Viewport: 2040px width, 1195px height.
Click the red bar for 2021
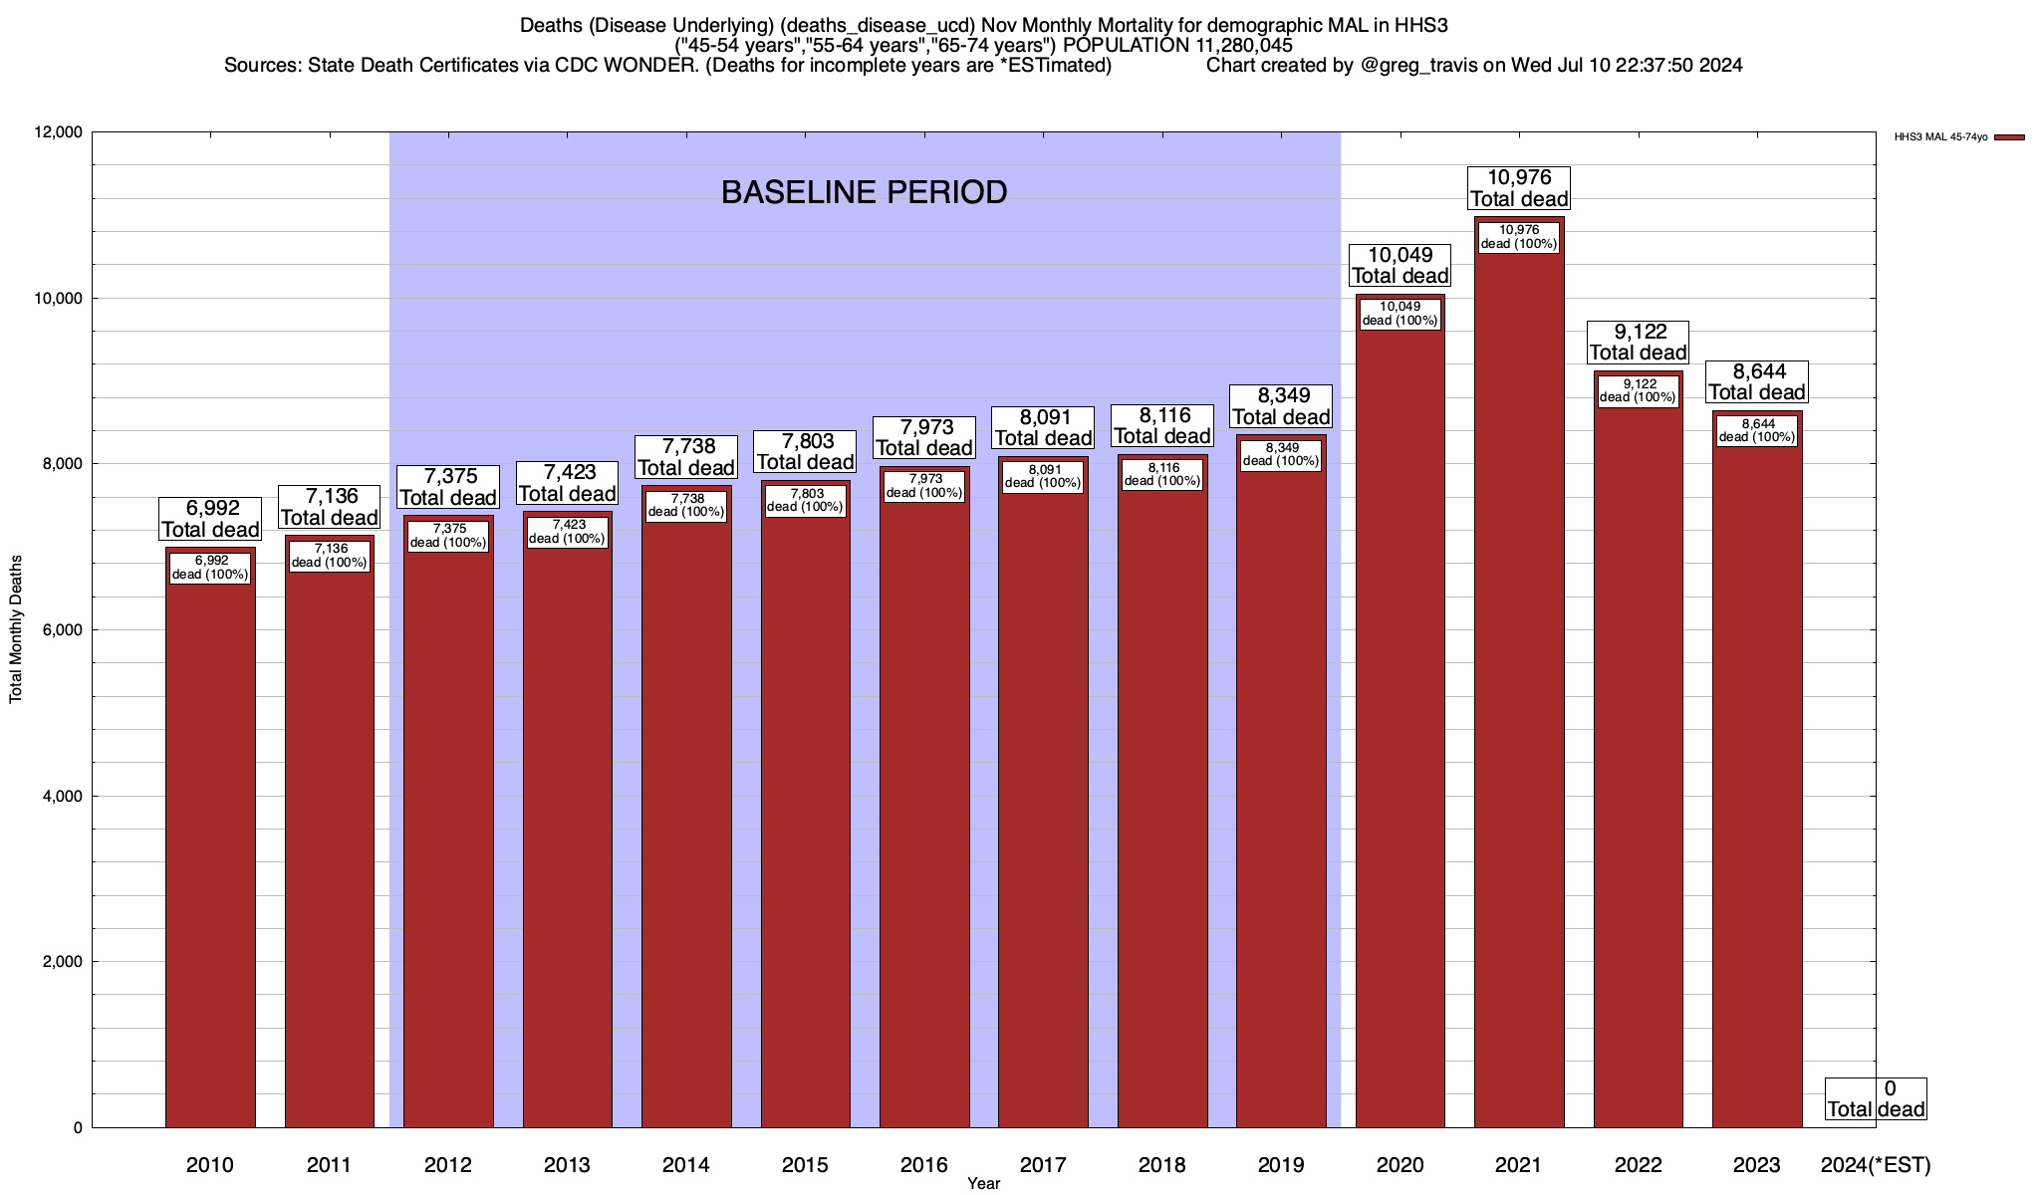point(1519,697)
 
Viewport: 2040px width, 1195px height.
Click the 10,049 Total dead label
point(1400,266)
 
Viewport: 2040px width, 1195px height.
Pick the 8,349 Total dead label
point(1281,406)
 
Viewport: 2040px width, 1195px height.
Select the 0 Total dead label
point(1876,1099)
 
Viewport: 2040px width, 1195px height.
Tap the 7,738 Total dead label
point(686,457)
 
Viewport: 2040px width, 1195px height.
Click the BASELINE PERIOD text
point(864,192)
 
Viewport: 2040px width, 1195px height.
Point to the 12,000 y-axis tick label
point(58,132)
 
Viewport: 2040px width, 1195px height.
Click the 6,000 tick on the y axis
point(62,630)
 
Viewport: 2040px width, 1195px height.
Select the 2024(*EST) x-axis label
point(1875,1165)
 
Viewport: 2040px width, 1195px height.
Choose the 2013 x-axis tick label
point(567,1165)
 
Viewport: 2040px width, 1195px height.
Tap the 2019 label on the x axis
point(1281,1165)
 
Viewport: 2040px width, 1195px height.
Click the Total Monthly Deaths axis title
point(16,630)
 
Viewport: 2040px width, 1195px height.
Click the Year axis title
point(983,1184)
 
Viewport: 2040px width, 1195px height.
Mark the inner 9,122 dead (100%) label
point(1638,390)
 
